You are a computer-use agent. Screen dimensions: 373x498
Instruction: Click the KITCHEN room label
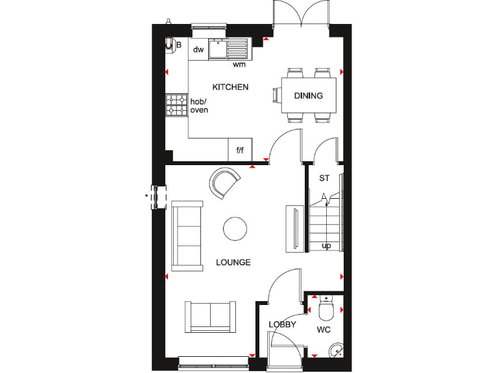tap(230, 87)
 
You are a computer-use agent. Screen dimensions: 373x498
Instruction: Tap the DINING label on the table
tap(308, 96)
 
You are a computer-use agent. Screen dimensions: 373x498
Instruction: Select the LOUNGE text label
tap(233, 262)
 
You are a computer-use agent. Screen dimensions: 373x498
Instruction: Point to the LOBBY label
tap(283, 324)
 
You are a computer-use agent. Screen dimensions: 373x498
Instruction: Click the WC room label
tap(324, 330)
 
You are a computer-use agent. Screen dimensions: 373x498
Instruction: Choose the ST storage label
tap(324, 177)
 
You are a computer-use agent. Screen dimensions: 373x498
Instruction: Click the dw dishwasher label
tap(198, 49)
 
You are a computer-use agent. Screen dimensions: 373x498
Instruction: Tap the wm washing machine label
tap(239, 64)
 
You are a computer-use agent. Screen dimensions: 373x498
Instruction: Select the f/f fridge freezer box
tap(239, 150)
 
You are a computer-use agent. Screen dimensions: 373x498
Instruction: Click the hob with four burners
tap(176, 106)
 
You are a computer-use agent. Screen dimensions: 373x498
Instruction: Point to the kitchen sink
tap(229, 48)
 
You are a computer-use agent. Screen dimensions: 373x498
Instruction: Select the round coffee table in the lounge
tap(235, 228)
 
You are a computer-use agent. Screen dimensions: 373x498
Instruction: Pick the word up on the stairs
tap(326, 245)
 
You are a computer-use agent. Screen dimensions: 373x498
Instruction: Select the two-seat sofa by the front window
tap(211, 316)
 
